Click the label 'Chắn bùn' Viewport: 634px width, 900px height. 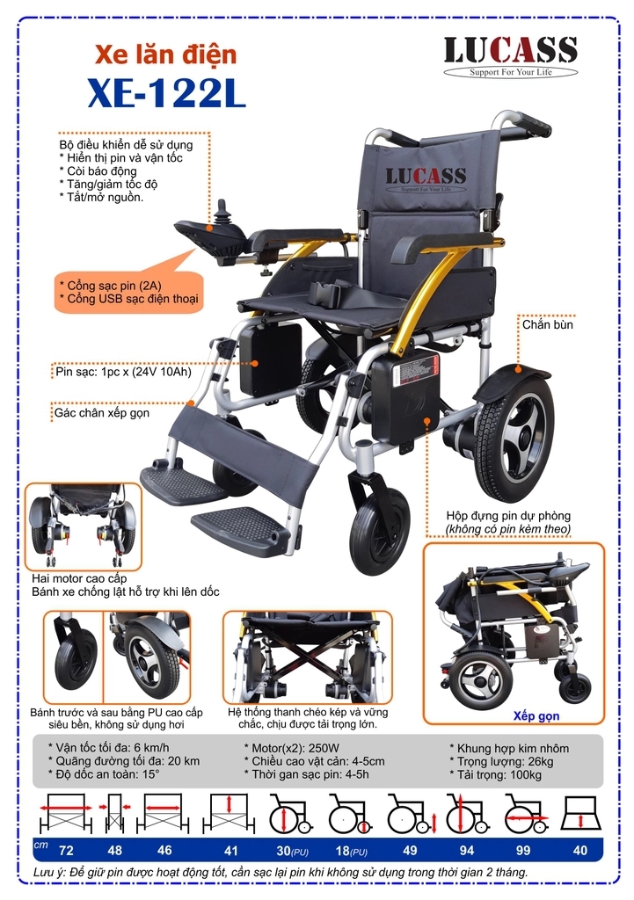pyautogui.click(x=547, y=324)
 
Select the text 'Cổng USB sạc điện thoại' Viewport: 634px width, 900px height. pyautogui.click(x=128, y=299)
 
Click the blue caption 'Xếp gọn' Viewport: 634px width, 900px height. pyautogui.click(x=536, y=716)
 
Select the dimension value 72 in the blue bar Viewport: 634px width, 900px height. pyautogui.click(x=65, y=850)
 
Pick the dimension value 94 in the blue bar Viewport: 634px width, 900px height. pyautogui.click(x=466, y=850)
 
